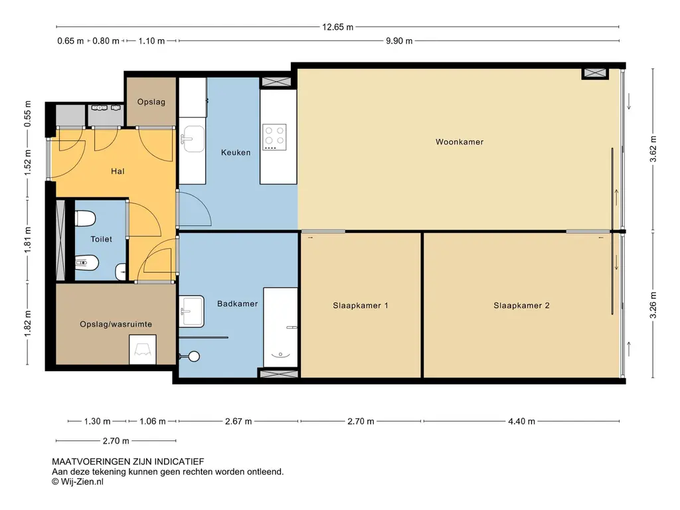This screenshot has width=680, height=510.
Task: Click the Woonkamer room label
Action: pos(460,142)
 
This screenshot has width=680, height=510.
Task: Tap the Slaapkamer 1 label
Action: pos(361,305)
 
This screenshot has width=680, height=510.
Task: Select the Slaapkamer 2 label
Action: pos(521,305)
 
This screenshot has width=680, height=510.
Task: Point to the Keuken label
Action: pos(236,152)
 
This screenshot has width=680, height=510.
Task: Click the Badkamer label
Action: pos(237,303)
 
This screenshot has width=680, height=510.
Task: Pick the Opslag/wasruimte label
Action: pos(116,324)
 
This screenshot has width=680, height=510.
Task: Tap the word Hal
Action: pos(118,171)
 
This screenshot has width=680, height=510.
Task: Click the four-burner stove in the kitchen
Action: pos(274,137)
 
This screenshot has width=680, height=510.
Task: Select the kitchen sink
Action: pos(193,139)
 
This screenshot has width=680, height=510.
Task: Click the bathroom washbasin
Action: pos(192,311)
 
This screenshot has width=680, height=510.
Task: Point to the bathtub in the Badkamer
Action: pos(281,327)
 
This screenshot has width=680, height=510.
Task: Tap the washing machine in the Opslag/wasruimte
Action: pos(143,349)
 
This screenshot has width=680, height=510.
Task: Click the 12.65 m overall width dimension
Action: pos(337,27)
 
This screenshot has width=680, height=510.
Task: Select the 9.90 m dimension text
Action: pos(399,41)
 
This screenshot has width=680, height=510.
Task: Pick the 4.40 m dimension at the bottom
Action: pos(521,421)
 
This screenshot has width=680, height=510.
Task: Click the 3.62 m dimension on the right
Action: pos(653,149)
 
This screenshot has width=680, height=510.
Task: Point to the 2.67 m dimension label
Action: pos(238,421)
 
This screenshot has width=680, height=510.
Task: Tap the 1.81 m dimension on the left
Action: pos(28,240)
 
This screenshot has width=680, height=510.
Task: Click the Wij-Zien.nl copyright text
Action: pos(78,481)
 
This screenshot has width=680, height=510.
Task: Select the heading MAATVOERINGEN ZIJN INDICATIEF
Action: pos(128,462)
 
